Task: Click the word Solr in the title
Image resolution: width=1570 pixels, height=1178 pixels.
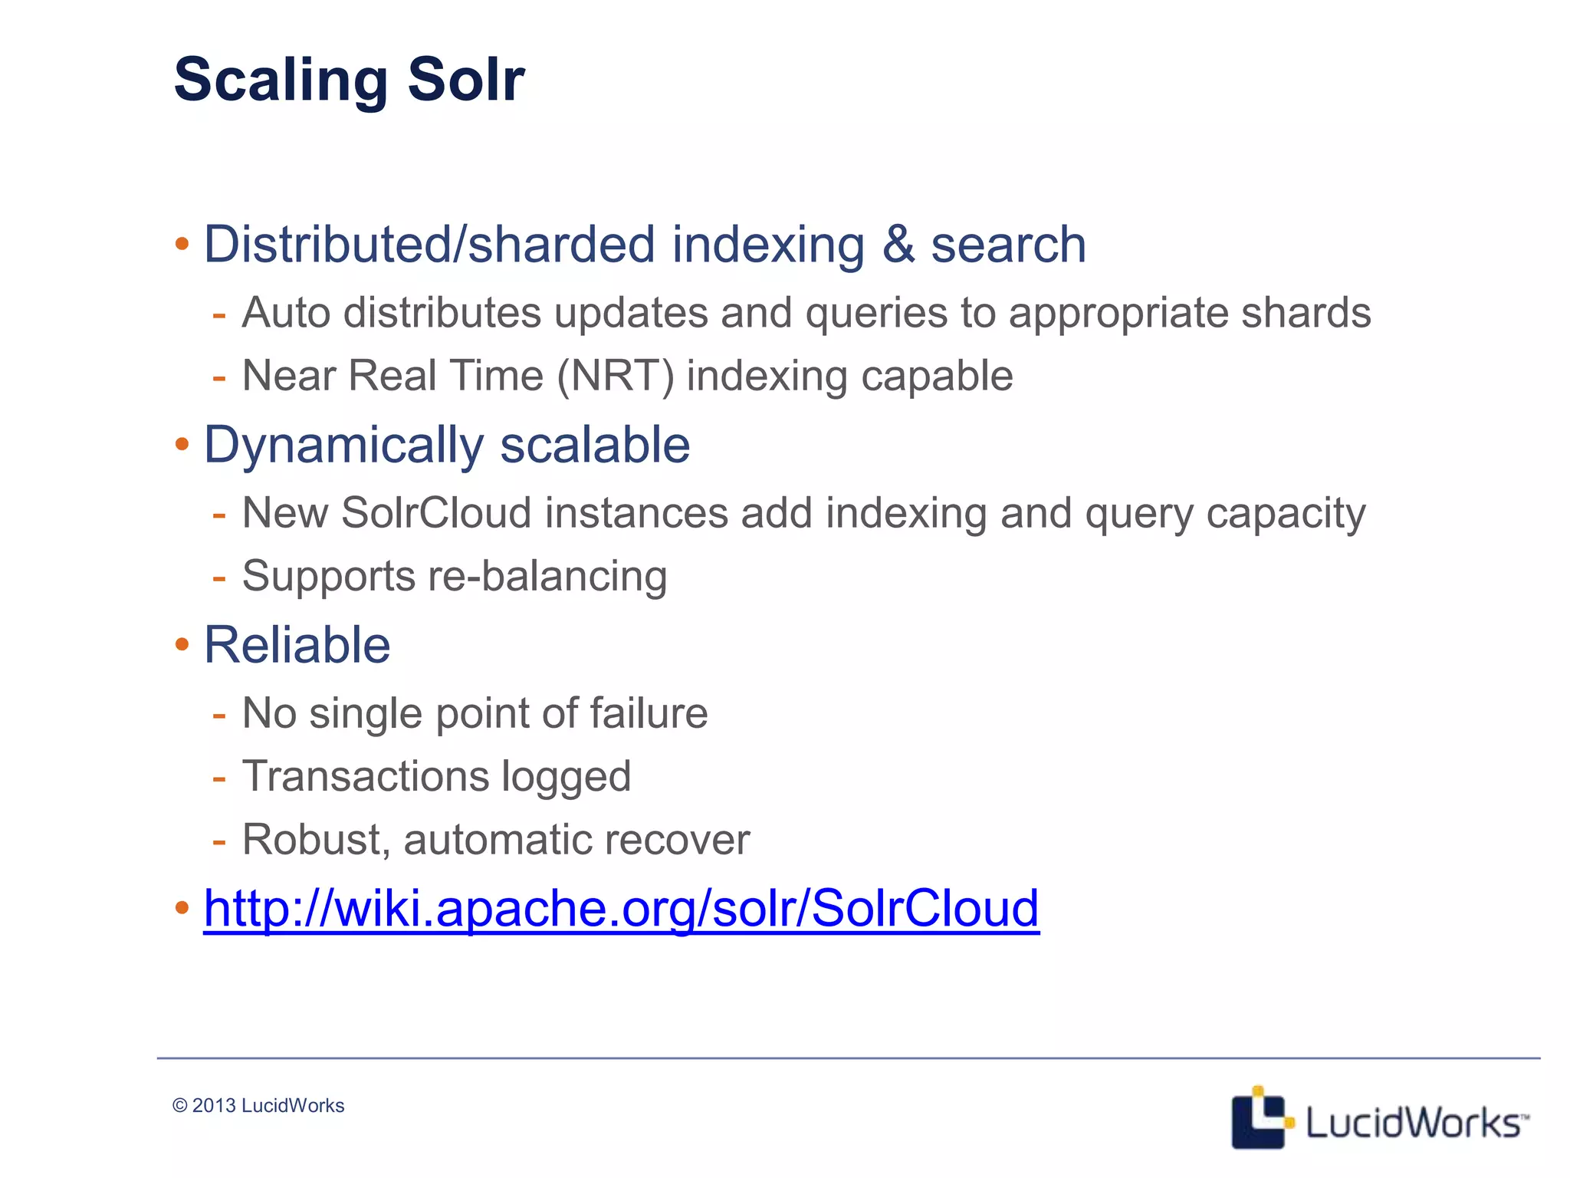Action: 465,79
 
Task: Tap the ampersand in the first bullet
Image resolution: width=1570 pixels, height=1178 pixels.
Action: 898,245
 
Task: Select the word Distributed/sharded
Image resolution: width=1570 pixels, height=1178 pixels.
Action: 429,245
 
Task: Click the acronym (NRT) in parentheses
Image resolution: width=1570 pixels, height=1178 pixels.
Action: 616,376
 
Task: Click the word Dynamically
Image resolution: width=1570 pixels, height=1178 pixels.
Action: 343,445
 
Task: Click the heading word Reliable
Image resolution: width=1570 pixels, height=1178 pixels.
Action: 297,645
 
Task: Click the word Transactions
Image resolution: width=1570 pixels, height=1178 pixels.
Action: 365,776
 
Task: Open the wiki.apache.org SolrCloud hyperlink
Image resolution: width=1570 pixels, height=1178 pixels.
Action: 621,908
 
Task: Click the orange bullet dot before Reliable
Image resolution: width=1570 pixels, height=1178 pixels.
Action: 182,644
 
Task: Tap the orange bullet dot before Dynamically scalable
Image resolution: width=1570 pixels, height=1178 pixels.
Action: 182,444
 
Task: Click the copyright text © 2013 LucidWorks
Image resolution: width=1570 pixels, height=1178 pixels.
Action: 258,1105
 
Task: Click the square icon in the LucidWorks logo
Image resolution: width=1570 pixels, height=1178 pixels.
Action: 1257,1118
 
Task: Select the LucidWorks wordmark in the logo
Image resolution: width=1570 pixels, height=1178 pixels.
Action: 1412,1123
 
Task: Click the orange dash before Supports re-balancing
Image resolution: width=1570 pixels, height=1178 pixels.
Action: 219,577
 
